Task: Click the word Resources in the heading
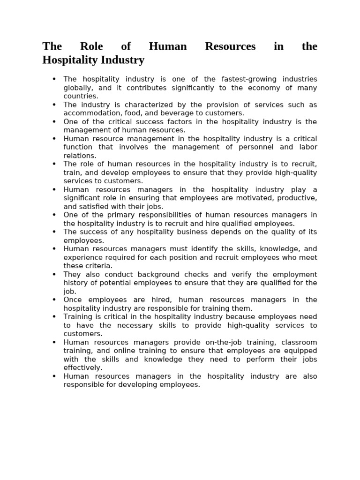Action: coord(230,46)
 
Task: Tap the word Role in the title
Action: coord(91,46)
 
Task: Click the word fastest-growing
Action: coord(239,79)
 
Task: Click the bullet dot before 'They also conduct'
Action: coord(54,274)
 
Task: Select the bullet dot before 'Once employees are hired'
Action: coord(54,300)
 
